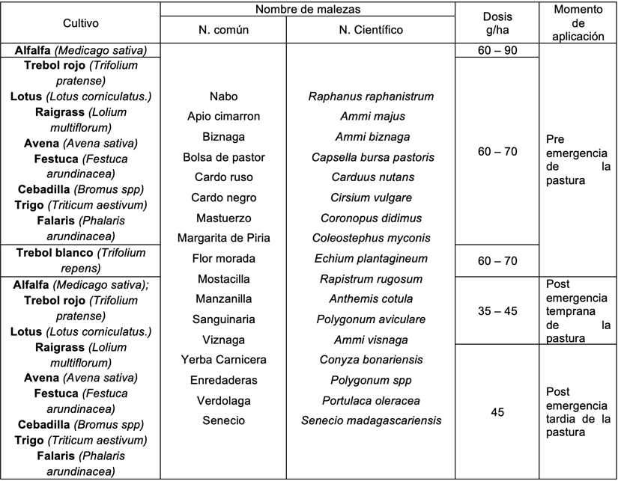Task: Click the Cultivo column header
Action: click(80, 23)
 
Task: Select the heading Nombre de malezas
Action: click(307, 9)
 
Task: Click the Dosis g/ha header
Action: click(497, 23)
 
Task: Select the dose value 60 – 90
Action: click(497, 51)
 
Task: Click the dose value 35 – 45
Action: click(497, 310)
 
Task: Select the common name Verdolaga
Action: click(224, 400)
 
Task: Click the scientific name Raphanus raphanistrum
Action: click(371, 96)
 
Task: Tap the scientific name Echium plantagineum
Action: click(371, 258)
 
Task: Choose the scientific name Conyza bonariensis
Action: click(371, 360)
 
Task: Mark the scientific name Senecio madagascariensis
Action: click(371, 420)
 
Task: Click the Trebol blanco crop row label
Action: click(80, 260)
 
